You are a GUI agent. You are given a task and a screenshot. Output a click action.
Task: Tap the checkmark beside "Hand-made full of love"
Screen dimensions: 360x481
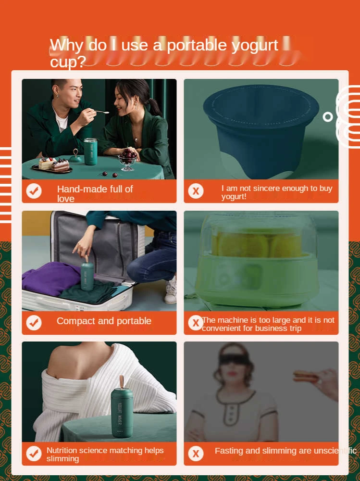(x=34, y=191)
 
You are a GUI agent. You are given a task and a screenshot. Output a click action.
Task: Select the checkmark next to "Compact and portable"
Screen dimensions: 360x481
(x=34, y=322)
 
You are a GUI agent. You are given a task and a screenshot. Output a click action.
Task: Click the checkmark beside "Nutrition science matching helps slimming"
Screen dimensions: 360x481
(x=34, y=454)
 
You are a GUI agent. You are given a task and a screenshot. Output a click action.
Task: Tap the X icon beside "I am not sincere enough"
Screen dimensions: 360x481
(x=196, y=191)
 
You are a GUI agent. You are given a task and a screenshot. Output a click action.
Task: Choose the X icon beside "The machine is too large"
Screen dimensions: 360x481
(x=196, y=322)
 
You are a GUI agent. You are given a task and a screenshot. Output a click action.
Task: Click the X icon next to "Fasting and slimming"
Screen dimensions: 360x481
(x=196, y=454)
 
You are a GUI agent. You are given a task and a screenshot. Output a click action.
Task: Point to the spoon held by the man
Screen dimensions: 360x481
(x=101, y=112)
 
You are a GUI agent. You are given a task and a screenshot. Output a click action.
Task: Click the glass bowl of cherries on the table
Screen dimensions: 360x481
(x=127, y=160)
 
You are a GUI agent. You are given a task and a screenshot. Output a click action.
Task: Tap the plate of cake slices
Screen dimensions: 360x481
(x=52, y=165)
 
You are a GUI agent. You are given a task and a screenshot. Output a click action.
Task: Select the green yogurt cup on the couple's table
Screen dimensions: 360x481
(x=90, y=152)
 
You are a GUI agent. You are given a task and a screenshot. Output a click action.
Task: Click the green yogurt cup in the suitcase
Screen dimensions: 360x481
(x=87, y=276)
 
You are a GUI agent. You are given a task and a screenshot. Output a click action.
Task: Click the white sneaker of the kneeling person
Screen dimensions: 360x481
(x=171, y=291)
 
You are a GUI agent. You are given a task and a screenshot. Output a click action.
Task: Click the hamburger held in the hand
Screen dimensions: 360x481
(x=305, y=376)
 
